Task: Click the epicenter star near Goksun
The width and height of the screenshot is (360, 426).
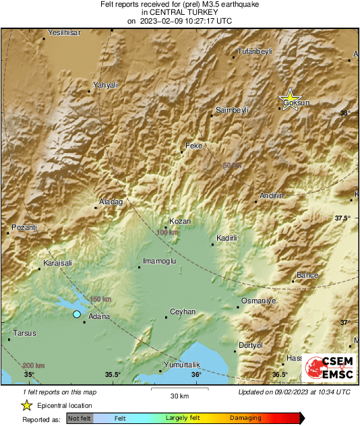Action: coord(290,100)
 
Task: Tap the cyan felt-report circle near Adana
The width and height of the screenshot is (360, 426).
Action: coord(77,314)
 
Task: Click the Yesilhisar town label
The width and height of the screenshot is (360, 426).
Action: coord(64,32)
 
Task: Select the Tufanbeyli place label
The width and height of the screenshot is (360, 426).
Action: coord(256,51)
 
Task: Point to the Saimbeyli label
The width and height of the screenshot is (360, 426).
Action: coord(232,109)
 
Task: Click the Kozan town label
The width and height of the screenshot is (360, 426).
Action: coord(180,221)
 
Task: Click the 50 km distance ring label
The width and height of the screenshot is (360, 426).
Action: coord(232,165)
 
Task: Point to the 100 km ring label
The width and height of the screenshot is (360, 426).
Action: coord(167,233)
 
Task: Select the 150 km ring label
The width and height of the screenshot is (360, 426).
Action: coord(100,299)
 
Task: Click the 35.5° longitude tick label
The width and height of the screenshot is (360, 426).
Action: coord(113,375)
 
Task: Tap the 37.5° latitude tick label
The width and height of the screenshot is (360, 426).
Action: coord(342,218)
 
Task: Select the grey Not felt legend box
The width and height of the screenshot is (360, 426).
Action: coord(79,418)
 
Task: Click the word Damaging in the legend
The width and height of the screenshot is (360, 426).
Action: coord(246,418)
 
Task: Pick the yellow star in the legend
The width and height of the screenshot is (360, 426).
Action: coord(26,405)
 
